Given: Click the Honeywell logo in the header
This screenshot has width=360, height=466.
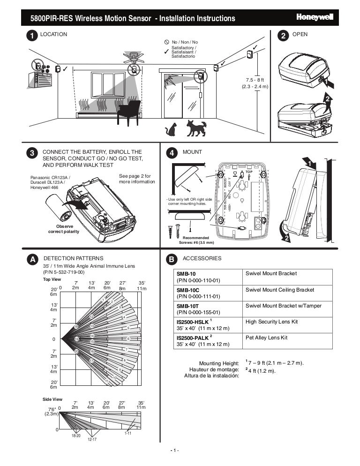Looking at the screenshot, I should (x=315, y=17).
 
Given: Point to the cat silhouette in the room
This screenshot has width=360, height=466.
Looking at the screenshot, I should (x=171, y=129).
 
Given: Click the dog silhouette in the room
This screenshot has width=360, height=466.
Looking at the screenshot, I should (x=195, y=128).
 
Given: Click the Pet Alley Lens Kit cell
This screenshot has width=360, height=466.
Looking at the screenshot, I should (x=287, y=338).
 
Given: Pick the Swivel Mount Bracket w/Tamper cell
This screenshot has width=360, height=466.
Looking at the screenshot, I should (x=287, y=306).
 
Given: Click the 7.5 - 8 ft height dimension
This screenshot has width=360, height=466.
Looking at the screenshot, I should (x=255, y=83).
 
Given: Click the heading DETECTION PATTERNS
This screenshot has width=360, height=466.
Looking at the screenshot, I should (x=73, y=258).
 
